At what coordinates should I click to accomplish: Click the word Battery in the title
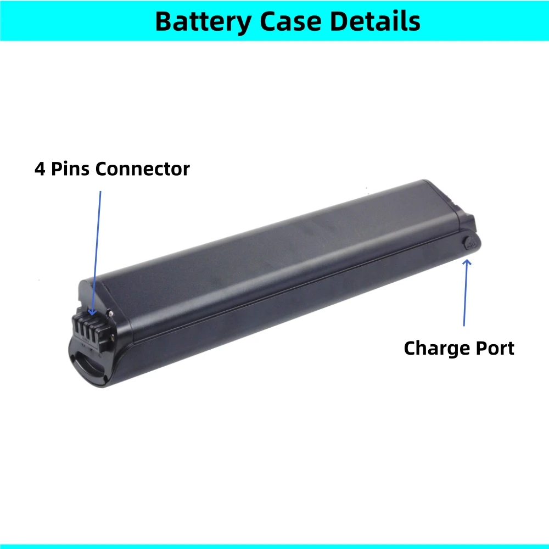click(x=203, y=22)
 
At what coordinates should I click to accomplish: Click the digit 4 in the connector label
click(x=40, y=169)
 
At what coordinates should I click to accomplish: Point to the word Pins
click(x=70, y=169)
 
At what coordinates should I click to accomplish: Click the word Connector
click(x=143, y=169)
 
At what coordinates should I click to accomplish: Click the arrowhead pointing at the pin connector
click(x=92, y=312)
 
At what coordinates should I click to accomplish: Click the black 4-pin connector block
click(x=91, y=331)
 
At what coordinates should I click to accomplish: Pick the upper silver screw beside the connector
click(x=111, y=313)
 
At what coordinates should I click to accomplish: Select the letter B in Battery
click(x=163, y=21)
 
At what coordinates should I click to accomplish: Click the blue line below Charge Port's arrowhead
click(x=466, y=294)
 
